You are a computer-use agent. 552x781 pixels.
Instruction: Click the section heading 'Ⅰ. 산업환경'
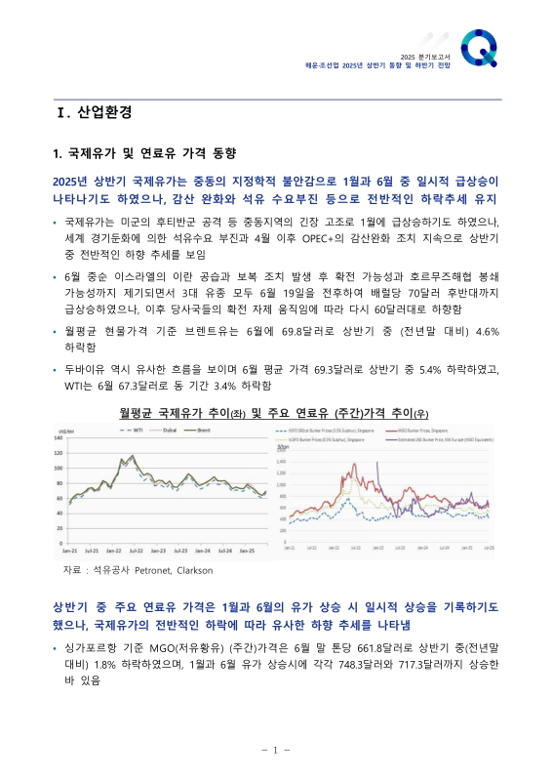click(x=94, y=112)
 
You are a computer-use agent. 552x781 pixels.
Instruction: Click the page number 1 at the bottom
click(x=276, y=750)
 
